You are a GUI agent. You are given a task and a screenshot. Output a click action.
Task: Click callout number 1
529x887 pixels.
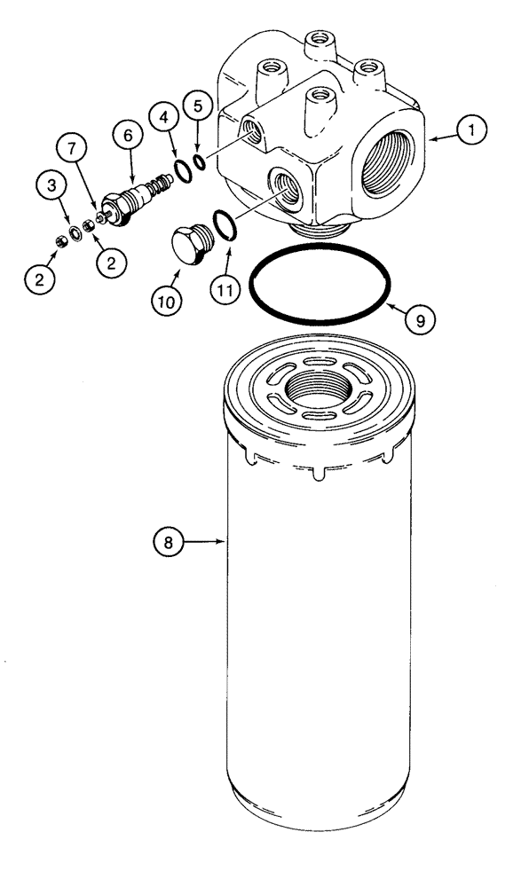472,130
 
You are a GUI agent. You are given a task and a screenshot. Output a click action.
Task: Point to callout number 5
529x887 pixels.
198,106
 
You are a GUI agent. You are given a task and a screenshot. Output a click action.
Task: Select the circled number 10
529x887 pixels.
169,302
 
